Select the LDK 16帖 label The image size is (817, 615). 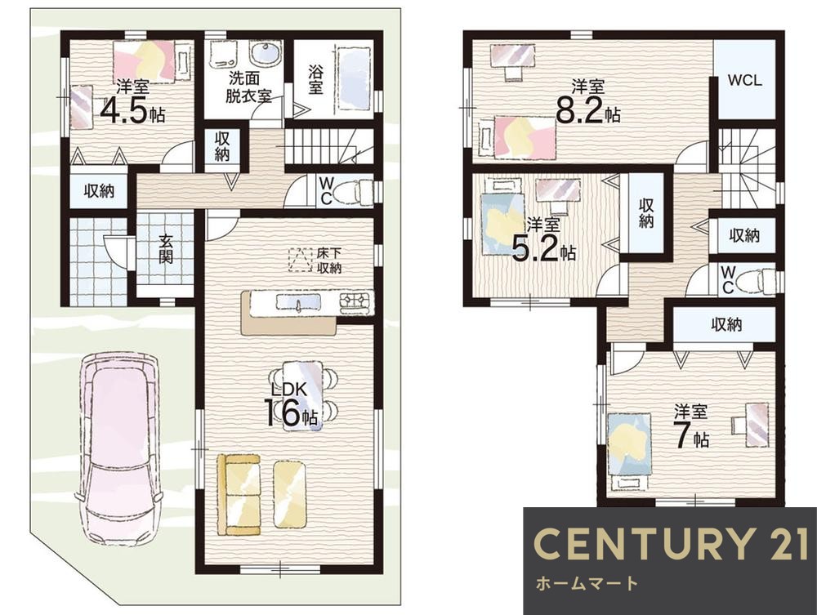pyautogui.click(x=292, y=404)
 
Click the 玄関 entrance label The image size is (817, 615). pyautogui.click(x=166, y=249)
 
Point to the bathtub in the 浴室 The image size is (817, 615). pyautogui.click(x=355, y=78)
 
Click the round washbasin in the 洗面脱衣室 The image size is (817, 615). pyautogui.click(x=266, y=54)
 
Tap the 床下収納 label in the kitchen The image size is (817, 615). pyautogui.click(x=329, y=261)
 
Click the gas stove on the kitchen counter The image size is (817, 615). pyautogui.click(x=357, y=303)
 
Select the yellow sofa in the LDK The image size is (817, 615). pyautogui.click(x=239, y=494)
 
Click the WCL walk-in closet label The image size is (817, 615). pyautogui.click(x=744, y=81)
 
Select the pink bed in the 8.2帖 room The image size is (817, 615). pyautogui.click(x=525, y=136)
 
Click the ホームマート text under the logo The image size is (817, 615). pyautogui.click(x=587, y=583)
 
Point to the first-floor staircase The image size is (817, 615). pyautogui.click(x=329, y=146)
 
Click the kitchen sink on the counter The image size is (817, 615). pyautogui.click(x=298, y=302)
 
